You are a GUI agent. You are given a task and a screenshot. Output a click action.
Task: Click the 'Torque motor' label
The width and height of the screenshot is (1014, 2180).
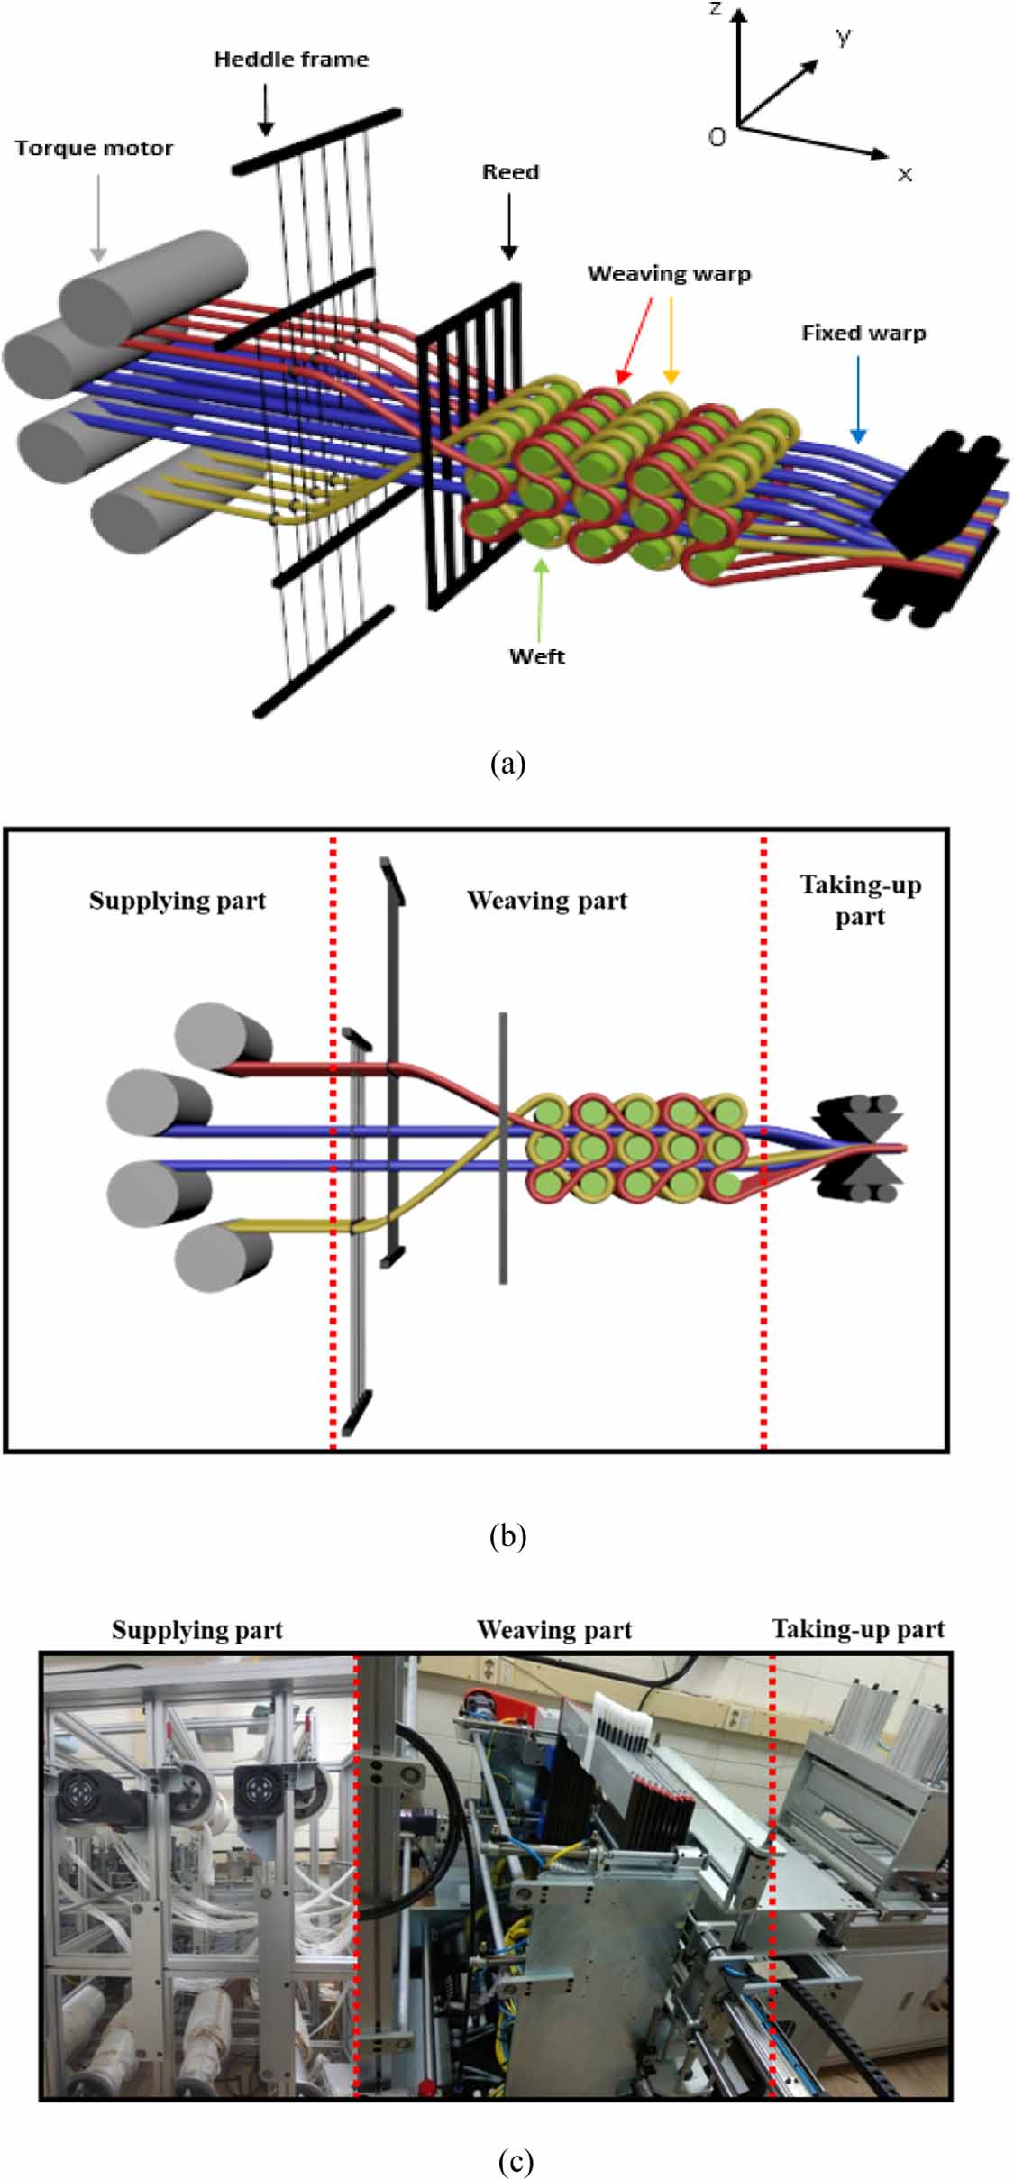[x=94, y=149]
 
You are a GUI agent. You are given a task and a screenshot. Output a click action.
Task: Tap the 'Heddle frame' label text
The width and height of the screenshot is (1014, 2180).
[x=291, y=60]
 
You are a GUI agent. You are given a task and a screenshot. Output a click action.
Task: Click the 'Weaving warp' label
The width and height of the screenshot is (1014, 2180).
[x=669, y=274]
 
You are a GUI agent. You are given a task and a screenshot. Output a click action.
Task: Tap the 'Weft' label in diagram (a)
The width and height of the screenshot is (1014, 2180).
[x=537, y=656]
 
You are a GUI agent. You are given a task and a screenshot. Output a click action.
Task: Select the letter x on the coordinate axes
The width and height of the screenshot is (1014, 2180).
[x=905, y=174]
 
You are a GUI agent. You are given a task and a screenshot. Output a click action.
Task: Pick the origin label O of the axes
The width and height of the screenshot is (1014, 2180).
[x=717, y=137]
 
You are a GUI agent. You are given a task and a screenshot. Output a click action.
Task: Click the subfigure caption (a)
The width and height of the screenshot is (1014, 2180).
[x=507, y=764]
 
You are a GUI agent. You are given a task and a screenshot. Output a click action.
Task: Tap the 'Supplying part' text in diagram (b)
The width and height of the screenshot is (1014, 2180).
[x=178, y=901]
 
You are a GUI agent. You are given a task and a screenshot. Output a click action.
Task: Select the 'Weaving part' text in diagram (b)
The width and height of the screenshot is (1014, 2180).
[x=547, y=901]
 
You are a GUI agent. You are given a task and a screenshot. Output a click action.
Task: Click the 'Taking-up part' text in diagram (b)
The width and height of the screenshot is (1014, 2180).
[x=861, y=901]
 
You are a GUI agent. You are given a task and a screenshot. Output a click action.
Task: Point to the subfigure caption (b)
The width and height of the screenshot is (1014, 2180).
[x=507, y=1535]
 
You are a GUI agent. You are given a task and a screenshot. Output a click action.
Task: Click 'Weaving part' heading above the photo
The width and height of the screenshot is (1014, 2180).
[x=554, y=1630]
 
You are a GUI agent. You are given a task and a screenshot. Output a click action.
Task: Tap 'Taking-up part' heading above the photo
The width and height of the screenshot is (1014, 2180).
[x=858, y=1629]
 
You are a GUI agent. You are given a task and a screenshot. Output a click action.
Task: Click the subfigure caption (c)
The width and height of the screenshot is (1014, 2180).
[x=515, y=2161]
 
